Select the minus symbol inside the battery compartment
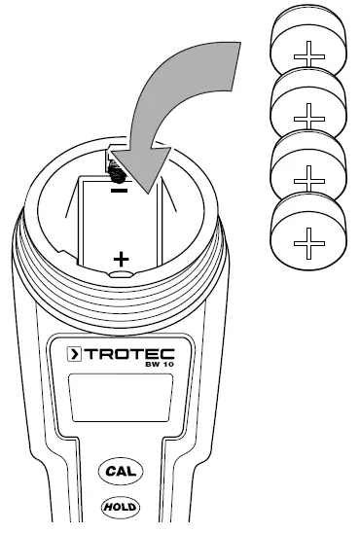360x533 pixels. [x=120, y=192]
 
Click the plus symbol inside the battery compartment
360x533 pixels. [x=121, y=259]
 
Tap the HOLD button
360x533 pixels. [x=119, y=507]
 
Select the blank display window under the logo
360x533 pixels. [x=122, y=401]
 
